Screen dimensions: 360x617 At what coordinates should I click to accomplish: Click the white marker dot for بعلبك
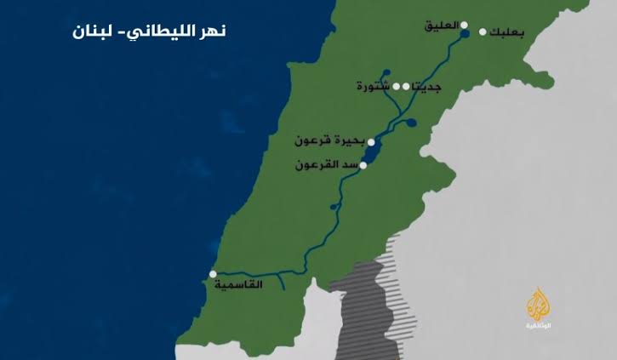[x=483, y=32]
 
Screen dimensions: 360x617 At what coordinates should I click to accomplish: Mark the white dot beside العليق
[x=464, y=26]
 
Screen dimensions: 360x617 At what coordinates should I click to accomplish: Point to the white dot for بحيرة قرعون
[x=368, y=141]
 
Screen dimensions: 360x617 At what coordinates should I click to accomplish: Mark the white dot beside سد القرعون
[x=363, y=165]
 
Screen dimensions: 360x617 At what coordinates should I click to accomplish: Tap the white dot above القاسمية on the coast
[x=213, y=275]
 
